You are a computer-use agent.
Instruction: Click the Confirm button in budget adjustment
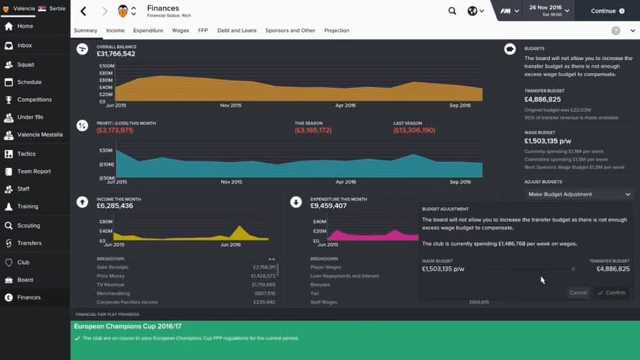[x=611, y=293]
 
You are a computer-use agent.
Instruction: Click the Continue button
[x=607, y=11]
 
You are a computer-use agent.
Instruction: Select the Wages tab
[x=180, y=31]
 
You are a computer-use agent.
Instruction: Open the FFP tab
[x=203, y=31]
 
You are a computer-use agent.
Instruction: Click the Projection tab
[x=336, y=31]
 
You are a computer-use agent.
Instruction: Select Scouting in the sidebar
[x=29, y=225]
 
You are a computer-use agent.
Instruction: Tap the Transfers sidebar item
[x=29, y=243]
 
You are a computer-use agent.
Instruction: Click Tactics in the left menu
[x=27, y=154]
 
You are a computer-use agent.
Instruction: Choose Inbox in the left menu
[x=25, y=46]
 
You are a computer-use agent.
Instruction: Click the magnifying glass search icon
[x=452, y=11]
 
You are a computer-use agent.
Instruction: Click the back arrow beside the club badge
[x=83, y=11]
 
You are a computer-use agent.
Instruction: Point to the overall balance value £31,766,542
[x=116, y=54]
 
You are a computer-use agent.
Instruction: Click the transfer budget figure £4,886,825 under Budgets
[x=543, y=99]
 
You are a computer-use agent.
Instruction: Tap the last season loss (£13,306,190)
[x=414, y=130]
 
